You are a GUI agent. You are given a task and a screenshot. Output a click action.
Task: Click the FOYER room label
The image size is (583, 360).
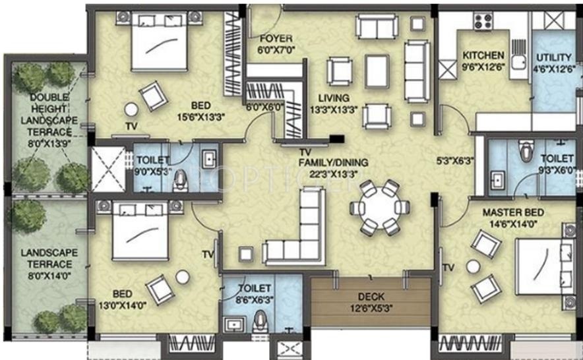tap(276, 38)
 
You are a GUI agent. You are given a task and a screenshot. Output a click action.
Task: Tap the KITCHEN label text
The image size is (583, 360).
tap(483, 55)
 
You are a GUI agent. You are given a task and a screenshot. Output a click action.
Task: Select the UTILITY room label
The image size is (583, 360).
tap(553, 57)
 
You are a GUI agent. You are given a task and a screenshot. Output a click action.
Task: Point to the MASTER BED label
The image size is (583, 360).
tap(513, 212)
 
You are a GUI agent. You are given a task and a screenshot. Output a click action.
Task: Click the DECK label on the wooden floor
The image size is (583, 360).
tap(371, 297)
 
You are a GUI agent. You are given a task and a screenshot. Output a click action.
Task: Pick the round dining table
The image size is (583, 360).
tap(380, 208)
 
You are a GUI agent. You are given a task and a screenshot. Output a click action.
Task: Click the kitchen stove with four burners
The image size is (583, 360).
tap(483, 20)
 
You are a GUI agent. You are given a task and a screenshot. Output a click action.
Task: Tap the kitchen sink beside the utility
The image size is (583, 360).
tap(518, 59)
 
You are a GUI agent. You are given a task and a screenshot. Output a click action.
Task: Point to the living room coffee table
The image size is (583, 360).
tap(377, 71)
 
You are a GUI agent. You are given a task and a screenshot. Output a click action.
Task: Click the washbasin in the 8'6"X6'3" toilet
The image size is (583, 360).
tap(234, 325)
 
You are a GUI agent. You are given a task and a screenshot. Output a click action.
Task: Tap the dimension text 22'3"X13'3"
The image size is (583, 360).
tap(334, 174)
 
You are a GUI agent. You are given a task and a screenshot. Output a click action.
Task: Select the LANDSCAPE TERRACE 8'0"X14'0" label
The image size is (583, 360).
tap(49, 264)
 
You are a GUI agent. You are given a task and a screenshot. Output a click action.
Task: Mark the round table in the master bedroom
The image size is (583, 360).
tap(474, 266)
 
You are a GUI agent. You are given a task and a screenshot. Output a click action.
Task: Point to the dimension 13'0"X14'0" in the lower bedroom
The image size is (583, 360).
tap(122, 305)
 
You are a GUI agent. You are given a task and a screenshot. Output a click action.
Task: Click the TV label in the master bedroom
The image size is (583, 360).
tap(448, 268)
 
